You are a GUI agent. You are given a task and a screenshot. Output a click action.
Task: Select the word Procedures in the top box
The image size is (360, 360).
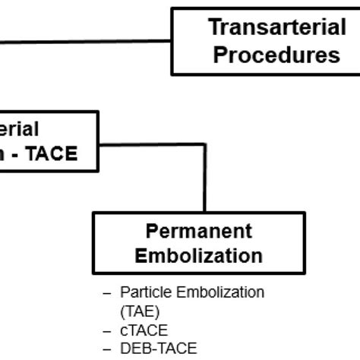click(276, 55)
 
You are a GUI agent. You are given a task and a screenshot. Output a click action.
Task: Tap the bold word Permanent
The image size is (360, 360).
click(198, 230)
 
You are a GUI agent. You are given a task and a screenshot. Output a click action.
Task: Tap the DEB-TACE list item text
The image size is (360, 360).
click(159, 348)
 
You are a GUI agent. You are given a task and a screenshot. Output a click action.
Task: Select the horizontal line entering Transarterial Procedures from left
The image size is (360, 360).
click(84, 40)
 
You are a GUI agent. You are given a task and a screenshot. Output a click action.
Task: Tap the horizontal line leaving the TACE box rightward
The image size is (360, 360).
click(152, 141)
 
